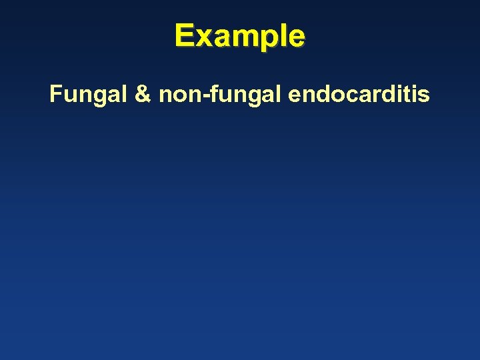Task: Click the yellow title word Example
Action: pyautogui.click(x=240, y=36)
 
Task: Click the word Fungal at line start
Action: pyautogui.click(x=89, y=95)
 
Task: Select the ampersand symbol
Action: pyautogui.click(x=143, y=95)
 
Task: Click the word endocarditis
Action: pyautogui.click(x=359, y=95)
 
